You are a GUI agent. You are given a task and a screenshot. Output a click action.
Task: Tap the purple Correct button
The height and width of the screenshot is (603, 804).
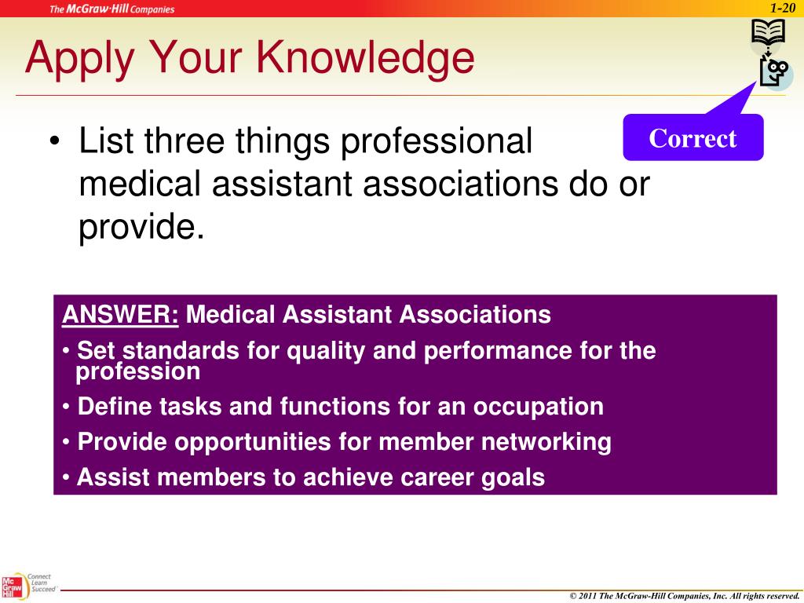[x=693, y=138]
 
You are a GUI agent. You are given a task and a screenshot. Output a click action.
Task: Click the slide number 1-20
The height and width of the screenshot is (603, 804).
[x=783, y=7]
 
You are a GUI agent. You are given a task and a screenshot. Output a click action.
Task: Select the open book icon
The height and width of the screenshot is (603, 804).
[x=768, y=34]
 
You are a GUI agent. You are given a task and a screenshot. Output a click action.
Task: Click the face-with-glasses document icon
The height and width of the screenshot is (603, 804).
[x=776, y=73]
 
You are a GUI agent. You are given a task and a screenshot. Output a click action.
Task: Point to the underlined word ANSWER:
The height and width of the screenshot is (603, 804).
[x=121, y=315]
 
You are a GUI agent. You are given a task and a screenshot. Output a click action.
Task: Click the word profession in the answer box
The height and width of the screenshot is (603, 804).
[x=138, y=371]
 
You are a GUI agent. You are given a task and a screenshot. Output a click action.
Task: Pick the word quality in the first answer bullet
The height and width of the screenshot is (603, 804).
[x=327, y=351]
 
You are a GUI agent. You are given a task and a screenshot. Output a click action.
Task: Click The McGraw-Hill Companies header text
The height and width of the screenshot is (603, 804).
[x=112, y=9]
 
